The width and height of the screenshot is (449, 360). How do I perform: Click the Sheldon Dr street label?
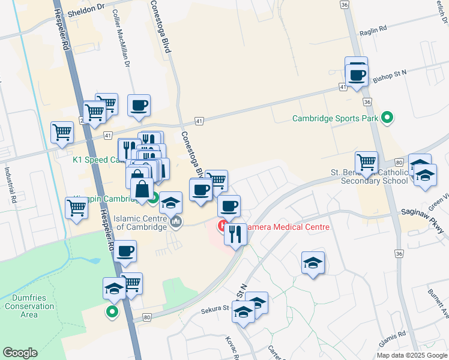(x=86, y=12)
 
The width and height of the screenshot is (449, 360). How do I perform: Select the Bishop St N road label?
(x=390, y=74)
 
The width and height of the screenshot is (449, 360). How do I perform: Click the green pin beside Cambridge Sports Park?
(x=387, y=118)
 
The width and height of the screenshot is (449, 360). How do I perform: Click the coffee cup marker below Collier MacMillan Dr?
(x=139, y=105)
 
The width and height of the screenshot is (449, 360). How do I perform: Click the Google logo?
(x=20, y=353)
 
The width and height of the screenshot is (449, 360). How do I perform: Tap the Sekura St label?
(x=215, y=309)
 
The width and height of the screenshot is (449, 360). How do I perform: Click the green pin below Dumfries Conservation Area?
(x=112, y=311)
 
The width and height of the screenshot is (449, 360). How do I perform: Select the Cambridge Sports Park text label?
(x=335, y=118)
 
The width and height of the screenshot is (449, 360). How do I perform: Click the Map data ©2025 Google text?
(x=412, y=355)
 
